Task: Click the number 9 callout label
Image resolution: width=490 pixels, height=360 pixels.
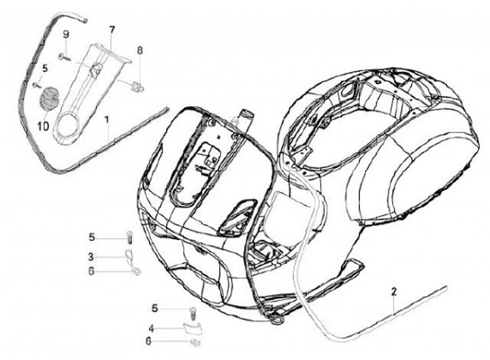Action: pos(66,34)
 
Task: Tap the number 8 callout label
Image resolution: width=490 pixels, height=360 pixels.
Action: pos(140,50)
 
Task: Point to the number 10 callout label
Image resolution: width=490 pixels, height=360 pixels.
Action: pos(42,126)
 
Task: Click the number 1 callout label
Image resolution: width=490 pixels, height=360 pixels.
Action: pos(107,119)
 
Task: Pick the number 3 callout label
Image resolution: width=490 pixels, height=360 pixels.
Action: pos(91,257)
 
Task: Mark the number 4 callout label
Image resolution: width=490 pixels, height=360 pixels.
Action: pos(152,327)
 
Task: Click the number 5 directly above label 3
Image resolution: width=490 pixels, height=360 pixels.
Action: pos(91,237)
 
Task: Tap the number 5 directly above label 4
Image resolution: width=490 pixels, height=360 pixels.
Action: pos(154,308)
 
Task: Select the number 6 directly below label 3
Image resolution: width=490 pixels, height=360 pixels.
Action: pos(91,270)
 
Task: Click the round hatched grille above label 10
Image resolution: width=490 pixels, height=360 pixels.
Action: pos(49,99)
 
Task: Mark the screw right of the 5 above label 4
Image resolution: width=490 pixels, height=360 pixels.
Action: pos(192,312)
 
